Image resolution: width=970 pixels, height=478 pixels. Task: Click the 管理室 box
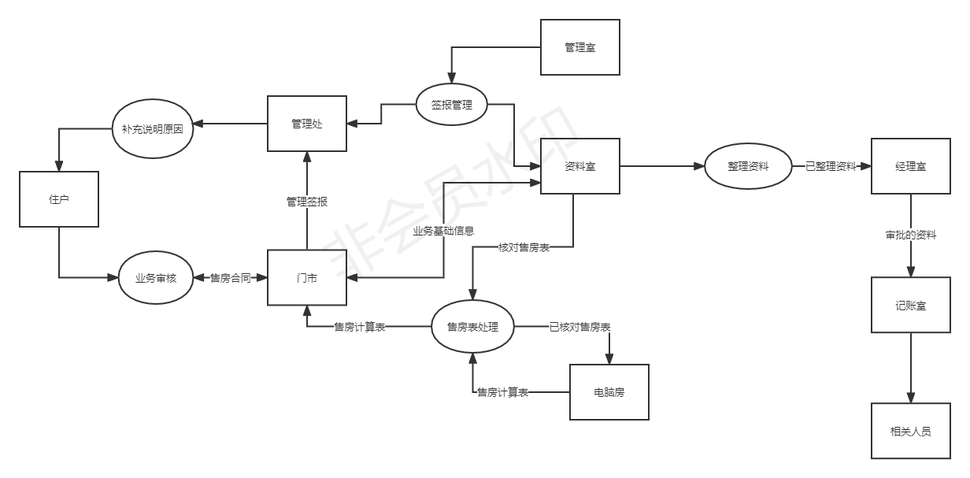[580, 48]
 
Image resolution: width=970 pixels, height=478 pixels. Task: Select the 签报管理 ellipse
[452, 105]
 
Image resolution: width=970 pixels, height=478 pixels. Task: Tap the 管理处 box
[307, 124]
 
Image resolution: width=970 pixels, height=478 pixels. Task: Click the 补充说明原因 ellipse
[153, 128]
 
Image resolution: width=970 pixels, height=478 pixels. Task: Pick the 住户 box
[59, 199]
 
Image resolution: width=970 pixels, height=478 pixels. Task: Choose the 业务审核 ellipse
[156, 278]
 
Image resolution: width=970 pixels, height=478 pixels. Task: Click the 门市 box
[307, 278]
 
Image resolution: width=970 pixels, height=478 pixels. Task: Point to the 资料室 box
[580, 166]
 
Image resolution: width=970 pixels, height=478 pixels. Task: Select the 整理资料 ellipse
[748, 166]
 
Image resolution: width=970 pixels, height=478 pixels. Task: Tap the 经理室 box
[911, 166]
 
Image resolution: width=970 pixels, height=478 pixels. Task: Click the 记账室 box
[911, 305]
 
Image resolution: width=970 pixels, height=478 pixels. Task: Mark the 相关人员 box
[911, 431]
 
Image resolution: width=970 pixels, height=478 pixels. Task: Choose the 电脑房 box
[609, 392]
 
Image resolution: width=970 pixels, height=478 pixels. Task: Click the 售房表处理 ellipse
[472, 327]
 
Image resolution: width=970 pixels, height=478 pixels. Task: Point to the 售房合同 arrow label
[230, 278]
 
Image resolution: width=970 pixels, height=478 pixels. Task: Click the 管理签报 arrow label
[307, 202]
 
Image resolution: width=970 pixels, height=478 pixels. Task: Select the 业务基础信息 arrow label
[443, 231]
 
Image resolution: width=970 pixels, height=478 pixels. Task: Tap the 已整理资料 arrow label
[831, 166]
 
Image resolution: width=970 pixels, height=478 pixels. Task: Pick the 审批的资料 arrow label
[911, 235]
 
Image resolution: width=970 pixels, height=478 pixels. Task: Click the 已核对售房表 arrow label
[580, 327]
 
